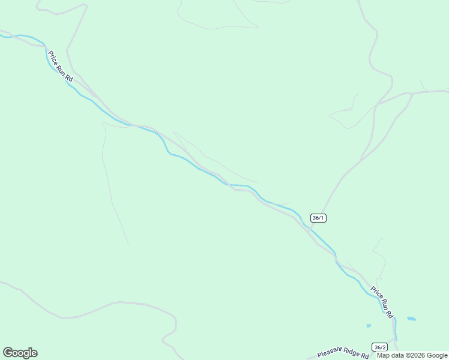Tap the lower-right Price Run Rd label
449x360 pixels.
pyautogui.click(x=382, y=302)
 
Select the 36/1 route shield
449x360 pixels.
pyautogui.click(x=319, y=218)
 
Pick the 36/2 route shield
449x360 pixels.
pyautogui.click(x=379, y=347)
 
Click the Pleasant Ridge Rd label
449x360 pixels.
pyautogui.click(x=343, y=354)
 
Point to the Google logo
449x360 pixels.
pyautogui.click(x=20, y=353)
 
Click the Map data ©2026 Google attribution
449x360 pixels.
pyautogui.click(x=412, y=355)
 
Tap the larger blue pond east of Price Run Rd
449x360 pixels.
pyautogui.click(x=411, y=319)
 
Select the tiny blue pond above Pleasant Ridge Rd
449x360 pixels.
pyautogui.click(x=369, y=326)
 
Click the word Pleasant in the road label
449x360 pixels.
pyautogui.click(x=330, y=355)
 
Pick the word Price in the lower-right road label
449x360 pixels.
pyautogui.click(x=376, y=294)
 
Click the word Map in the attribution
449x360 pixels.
pyautogui.click(x=383, y=355)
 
